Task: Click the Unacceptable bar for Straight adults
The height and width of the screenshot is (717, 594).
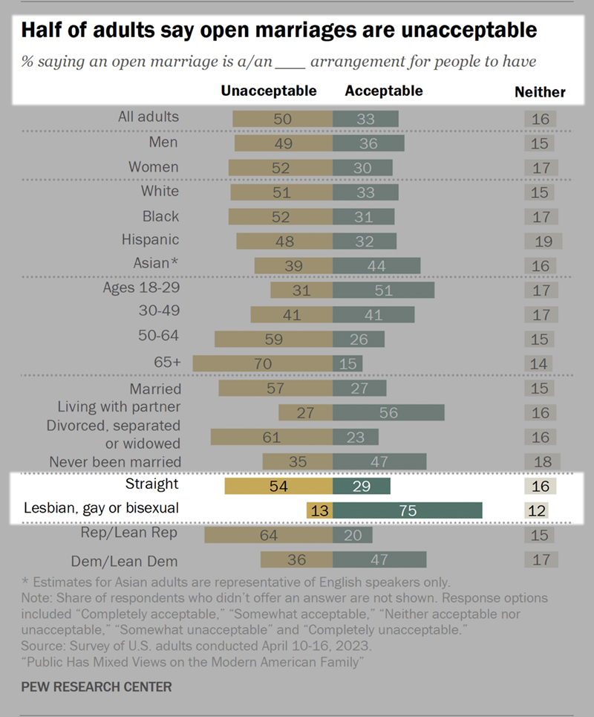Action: coord(278,486)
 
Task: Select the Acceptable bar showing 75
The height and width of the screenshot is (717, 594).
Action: coord(408,510)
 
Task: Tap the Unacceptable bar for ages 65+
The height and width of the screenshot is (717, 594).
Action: coord(262,363)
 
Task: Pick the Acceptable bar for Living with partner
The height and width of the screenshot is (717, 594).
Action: coord(388,412)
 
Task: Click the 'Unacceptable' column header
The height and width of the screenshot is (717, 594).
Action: coord(269,91)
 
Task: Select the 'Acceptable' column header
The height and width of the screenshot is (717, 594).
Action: coord(384,91)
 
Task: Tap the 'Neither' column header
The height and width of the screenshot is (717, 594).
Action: coord(540,92)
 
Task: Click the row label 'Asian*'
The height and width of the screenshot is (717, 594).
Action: coord(156,264)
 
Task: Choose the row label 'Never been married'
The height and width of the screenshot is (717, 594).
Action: coord(115,461)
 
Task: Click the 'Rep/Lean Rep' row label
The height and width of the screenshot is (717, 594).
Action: coord(129,533)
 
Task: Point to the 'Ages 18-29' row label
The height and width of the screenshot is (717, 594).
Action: coord(141,288)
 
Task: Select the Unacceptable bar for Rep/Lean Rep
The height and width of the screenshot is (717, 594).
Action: coord(268,535)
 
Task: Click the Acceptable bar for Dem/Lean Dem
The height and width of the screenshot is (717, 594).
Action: coord(379,559)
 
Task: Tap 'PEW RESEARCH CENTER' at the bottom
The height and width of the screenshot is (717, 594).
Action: coord(96,687)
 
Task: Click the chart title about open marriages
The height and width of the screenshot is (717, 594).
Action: coord(278,30)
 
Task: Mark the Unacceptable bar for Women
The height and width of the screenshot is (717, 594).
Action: coord(280,167)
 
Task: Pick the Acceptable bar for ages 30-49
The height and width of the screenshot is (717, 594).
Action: coord(373,314)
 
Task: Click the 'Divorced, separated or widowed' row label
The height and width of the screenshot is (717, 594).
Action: coord(114,435)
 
